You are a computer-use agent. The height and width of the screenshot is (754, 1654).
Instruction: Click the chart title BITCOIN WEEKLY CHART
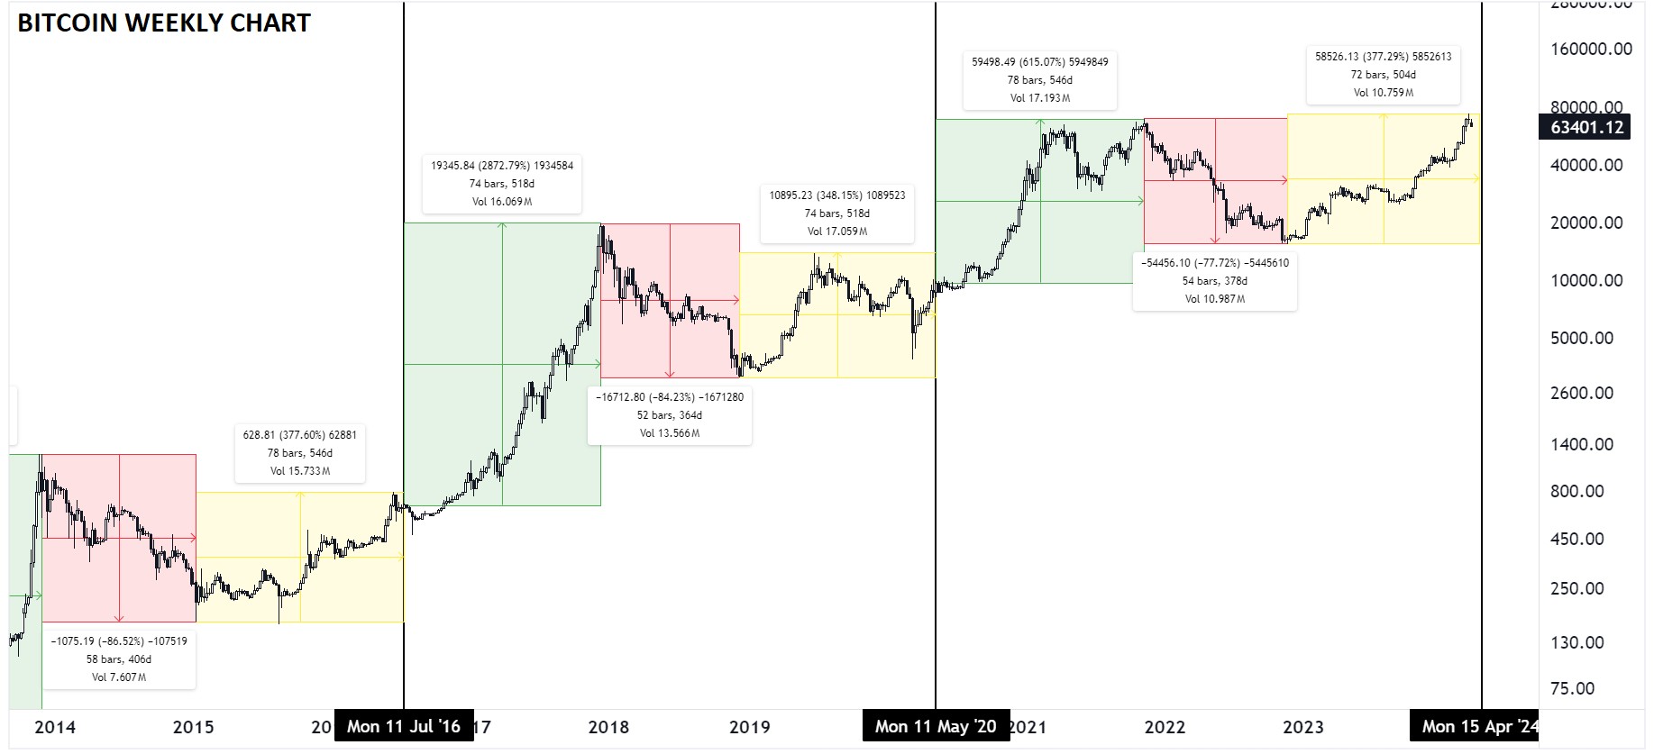coord(164,23)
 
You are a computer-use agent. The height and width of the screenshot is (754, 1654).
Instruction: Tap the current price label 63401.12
coord(1585,127)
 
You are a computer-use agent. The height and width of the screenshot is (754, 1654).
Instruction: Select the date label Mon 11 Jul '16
coord(403,726)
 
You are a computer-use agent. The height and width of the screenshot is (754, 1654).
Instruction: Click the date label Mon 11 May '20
coord(936,726)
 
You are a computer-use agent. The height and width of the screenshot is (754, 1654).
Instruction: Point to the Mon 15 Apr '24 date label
coord(1476,726)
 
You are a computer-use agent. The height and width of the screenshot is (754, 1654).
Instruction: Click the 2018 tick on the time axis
coord(608,727)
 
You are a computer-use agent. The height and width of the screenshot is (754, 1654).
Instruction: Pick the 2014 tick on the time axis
coord(55,727)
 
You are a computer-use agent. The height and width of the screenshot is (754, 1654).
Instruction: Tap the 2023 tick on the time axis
coord(1302,727)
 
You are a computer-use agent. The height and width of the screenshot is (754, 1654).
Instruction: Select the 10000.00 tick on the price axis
coord(1585,280)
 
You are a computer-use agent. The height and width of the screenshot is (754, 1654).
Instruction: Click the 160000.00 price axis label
coord(1590,49)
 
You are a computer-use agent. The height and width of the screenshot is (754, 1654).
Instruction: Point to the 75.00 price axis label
coord(1572,688)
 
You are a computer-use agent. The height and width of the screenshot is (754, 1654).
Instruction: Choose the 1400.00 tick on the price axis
coord(1581,444)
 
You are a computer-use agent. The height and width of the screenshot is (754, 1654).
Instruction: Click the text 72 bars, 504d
coord(1383,75)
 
